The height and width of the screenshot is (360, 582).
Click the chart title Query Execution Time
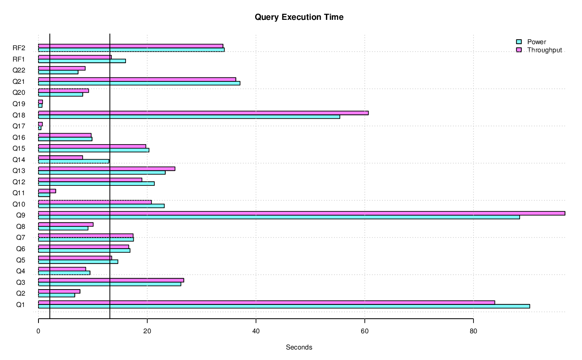point(299,17)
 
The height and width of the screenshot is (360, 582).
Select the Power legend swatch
point(519,42)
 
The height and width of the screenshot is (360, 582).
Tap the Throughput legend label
point(544,50)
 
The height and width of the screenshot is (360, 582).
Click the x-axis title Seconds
point(299,347)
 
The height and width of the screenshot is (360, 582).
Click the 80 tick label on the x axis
point(473,331)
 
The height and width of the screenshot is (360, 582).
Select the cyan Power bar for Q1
point(284,306)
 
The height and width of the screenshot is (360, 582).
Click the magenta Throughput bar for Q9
point(301,213)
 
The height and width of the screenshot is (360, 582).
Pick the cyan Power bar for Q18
point(189,117)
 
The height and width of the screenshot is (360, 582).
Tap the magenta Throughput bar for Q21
point(137,79)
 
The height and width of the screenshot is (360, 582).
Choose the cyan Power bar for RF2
point(131,50)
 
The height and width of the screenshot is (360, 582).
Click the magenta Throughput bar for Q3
point(111,280)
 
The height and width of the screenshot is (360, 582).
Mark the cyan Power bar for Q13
point(102,173)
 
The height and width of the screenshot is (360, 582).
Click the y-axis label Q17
point(19,126)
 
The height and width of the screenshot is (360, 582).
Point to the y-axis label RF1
point(19,59)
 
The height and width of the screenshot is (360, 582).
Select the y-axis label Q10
point(19,204)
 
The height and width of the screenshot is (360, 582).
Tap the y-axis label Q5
point(21,260)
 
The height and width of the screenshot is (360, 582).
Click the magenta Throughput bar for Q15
point(92,146)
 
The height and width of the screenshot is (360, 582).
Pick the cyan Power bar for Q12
point(96,183)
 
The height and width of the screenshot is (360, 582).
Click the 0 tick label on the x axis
point(38,331)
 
